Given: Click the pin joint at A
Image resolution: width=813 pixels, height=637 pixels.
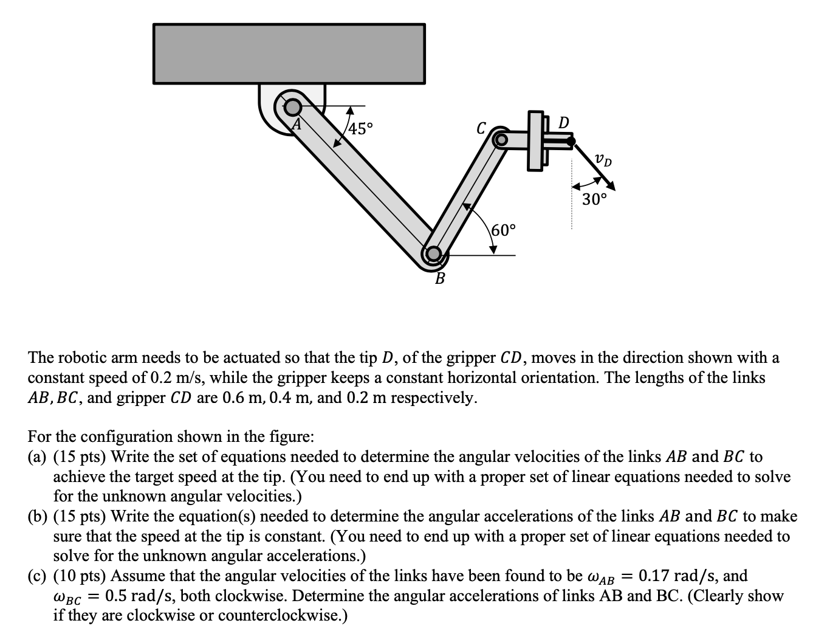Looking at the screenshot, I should click(293, 108).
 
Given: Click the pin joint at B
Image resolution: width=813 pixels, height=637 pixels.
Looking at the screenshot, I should click(433, 253).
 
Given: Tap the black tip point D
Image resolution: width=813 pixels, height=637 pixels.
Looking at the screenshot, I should click(571, 141).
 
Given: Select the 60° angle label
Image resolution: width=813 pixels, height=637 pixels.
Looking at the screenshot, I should click(503, 230).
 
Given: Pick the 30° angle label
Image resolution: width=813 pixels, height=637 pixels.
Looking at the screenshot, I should click(594, 199).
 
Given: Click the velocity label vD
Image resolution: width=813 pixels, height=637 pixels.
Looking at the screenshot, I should click(603, 160).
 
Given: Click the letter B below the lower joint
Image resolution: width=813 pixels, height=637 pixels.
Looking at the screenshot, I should click(439, 279).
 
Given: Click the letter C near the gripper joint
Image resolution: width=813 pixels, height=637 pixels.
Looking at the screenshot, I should click(481, 128).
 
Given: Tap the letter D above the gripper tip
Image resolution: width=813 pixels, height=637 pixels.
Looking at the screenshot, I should click(563, 122).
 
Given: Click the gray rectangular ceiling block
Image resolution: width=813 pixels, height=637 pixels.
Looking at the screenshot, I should click(289, 53).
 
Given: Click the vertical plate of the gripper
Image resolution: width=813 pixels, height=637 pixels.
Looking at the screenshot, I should click(535, 140).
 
